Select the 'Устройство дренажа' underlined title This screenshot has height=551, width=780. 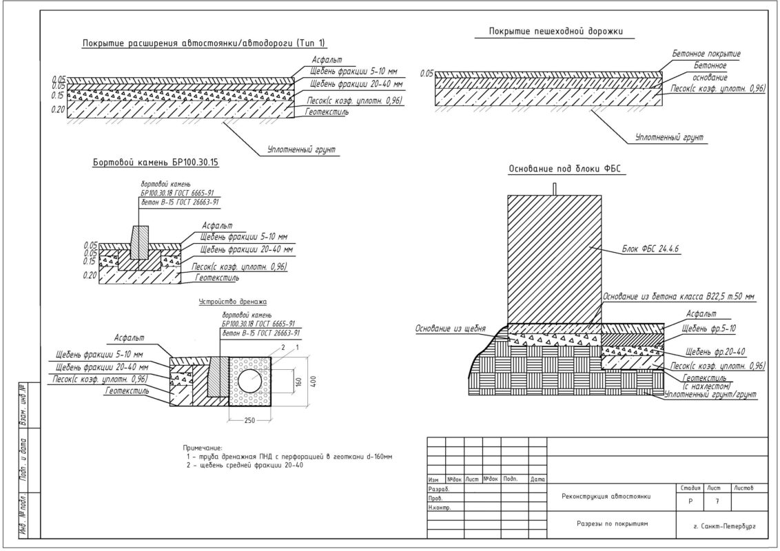[x=232, y=302]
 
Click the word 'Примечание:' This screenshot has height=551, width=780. [x=203, y=448]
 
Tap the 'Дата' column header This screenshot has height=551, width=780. [x=537, y=479]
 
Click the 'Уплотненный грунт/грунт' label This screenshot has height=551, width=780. [x=710, y=395]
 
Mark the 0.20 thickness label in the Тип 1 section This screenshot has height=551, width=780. [x=57, y=110]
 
